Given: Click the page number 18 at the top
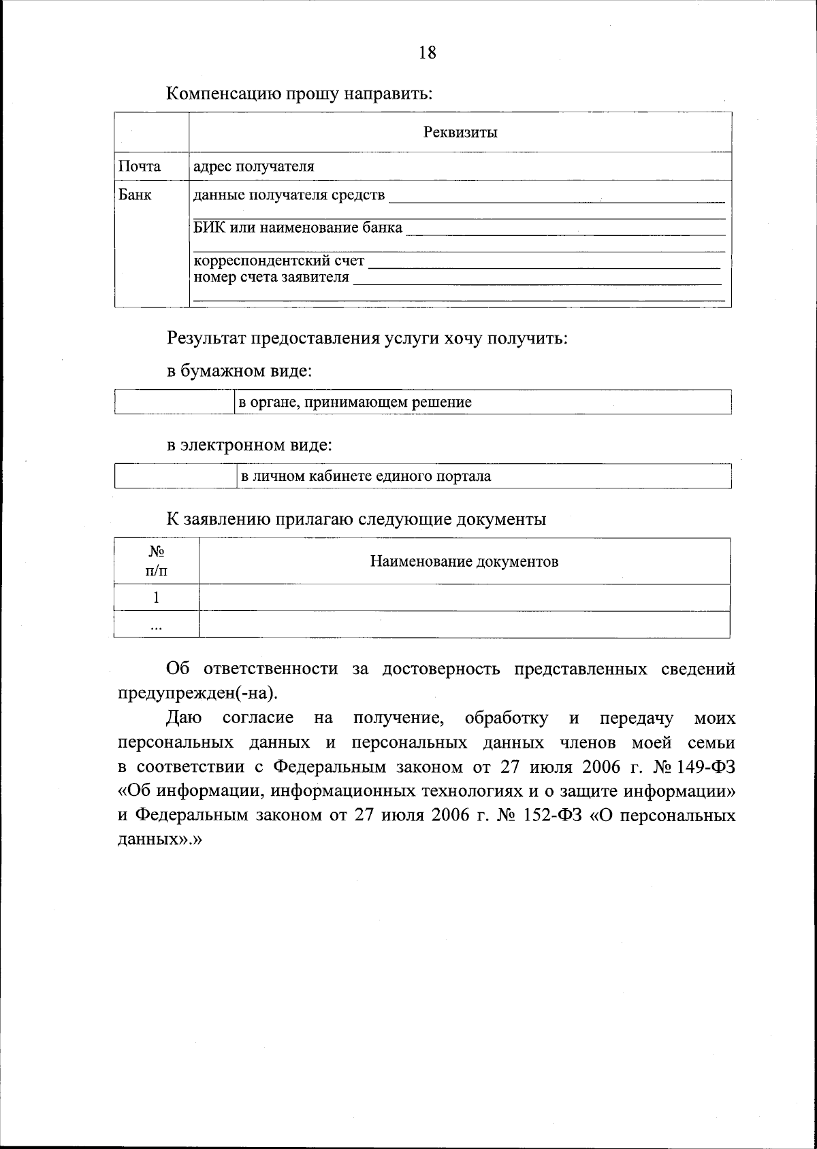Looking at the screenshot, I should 428,53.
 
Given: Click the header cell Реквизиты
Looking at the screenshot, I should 460,132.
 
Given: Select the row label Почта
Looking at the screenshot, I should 140,166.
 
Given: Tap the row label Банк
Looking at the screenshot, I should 135,195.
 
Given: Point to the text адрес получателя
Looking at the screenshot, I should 254,166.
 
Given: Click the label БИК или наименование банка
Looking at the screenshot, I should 298,227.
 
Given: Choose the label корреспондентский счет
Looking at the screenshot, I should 279,261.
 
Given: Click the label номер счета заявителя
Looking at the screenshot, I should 272,277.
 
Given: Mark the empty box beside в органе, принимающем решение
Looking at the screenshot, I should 174,402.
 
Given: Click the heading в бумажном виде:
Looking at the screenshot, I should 240,371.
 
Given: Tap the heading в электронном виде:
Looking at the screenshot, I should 250,446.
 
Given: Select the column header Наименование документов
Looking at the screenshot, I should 464,561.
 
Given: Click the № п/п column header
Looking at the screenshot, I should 157,561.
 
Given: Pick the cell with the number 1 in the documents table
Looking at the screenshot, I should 157,597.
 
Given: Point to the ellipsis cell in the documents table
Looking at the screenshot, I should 157,626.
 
